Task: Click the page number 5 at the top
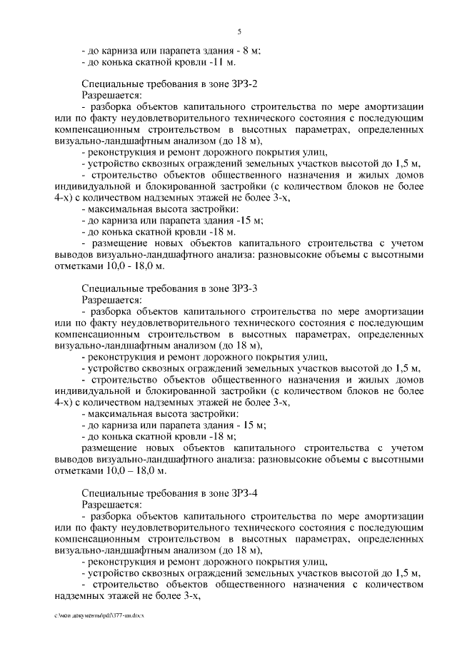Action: point(239,31)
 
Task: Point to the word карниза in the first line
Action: point(117,50)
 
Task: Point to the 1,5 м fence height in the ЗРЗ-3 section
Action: point(407,368)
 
